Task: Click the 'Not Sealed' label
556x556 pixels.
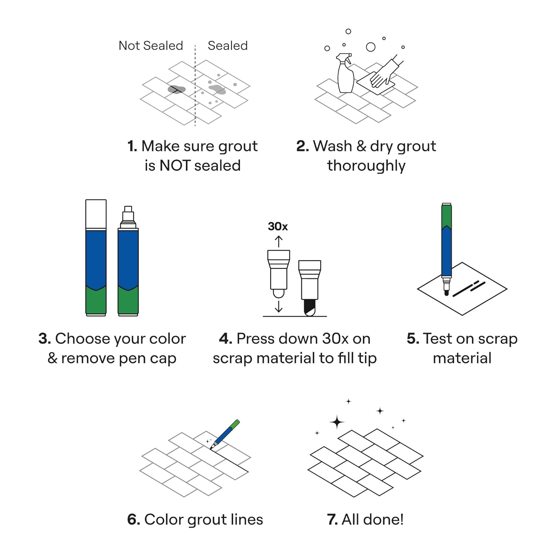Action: coord(150,46)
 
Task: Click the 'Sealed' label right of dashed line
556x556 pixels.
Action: coord(228,46)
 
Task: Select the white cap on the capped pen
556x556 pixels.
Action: coord(96,214)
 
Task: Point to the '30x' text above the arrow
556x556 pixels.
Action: coord(278,226)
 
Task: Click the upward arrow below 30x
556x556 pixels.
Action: coord(278,241)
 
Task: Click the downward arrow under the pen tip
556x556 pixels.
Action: coord(278,306)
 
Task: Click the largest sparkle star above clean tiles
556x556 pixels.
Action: coord(337,422)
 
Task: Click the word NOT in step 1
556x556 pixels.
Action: coord(175,165)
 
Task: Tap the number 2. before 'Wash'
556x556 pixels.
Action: coord(302,146)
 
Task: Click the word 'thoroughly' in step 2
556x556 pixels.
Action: coord(366,166)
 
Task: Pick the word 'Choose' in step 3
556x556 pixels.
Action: coord(82,338)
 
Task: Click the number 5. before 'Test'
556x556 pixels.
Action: coord(413,338)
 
